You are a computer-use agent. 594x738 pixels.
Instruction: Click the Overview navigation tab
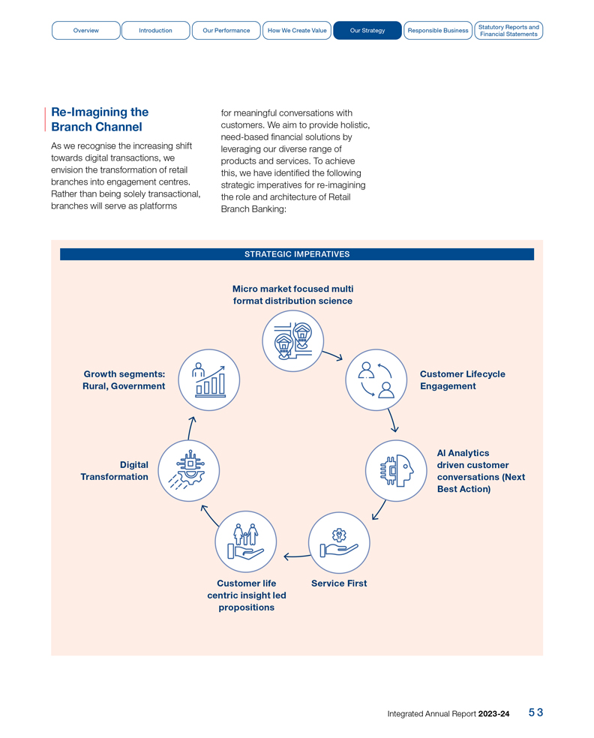(x=85, y=31)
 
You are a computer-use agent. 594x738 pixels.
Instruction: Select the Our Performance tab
(x=226, y=31)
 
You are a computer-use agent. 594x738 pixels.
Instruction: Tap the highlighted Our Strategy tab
(x=367, y=31)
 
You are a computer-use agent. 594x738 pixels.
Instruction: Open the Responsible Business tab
(x=437, y=31)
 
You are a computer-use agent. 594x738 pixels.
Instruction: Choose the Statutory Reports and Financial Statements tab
(x=508, y=31)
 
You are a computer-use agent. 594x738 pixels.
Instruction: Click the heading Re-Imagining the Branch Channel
(x=100, y=119)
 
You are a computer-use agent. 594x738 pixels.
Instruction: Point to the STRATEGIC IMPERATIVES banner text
(x=297, y=254)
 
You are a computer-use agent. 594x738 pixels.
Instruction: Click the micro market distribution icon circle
(x=292, y=341)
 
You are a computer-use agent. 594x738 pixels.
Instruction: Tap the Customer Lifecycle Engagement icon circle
(x=376, y=380)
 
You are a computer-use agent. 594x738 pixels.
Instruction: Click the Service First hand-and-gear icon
(x=339, y=542)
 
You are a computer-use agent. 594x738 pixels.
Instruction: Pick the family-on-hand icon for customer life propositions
(x=245, y=542)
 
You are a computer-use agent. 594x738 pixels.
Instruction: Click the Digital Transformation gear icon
(x=188, y=471)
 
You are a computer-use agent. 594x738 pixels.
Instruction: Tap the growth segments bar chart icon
(x=209, y=380)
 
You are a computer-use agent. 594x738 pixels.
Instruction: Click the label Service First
(x=339, y=583)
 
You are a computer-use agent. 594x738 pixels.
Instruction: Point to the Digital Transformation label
(x=115, y=471)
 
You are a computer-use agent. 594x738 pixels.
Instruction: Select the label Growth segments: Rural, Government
(x=124, y=380)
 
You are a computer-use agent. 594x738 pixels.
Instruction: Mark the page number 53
(x=535, y=713)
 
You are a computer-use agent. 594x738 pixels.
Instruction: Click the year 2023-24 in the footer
(x=493, y=714)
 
